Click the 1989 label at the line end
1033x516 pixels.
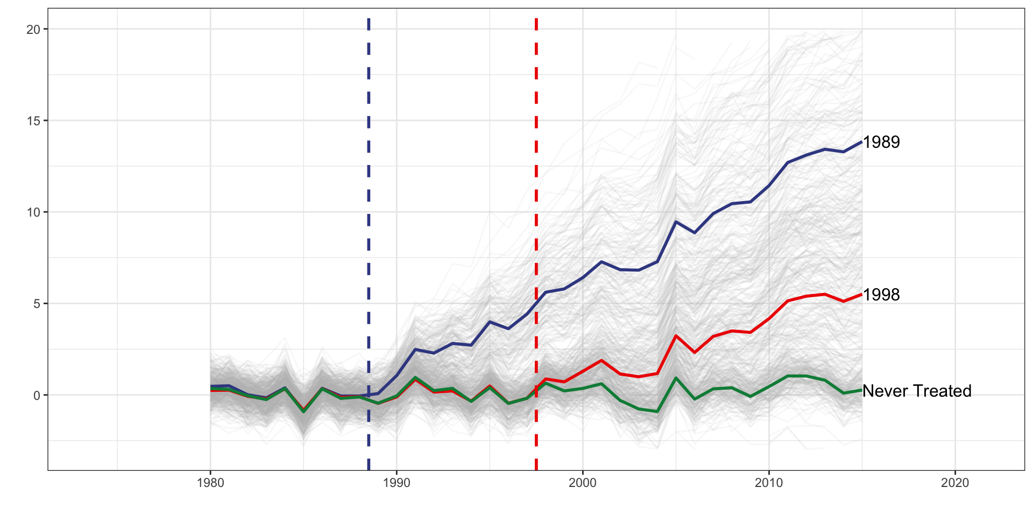pos(881,142)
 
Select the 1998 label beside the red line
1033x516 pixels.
pos(881,295)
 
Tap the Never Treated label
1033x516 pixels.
pos(917,391)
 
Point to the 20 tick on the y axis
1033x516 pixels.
pos(33,30)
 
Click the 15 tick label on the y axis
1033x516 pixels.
pos(33,121)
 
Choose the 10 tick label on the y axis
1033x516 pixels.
pos(33,212)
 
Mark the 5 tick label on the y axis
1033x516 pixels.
pos(37,304)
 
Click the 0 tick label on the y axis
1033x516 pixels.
pos(37,396)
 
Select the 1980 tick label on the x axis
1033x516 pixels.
pos(210,483)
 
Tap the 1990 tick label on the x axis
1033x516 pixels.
pos(397,483)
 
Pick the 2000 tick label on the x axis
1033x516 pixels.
pos(583,483)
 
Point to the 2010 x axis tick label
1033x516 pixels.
pos(769,483)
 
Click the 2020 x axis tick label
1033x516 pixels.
pos(955,483)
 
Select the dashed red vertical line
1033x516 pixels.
pos(536,161)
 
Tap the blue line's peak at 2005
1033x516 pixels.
pos(676,221)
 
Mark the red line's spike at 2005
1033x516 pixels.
pos(676,335)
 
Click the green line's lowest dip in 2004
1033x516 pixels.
pos(657,412)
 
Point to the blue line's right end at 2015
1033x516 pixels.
pos(861,142)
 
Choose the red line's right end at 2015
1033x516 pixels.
pos(861,295)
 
